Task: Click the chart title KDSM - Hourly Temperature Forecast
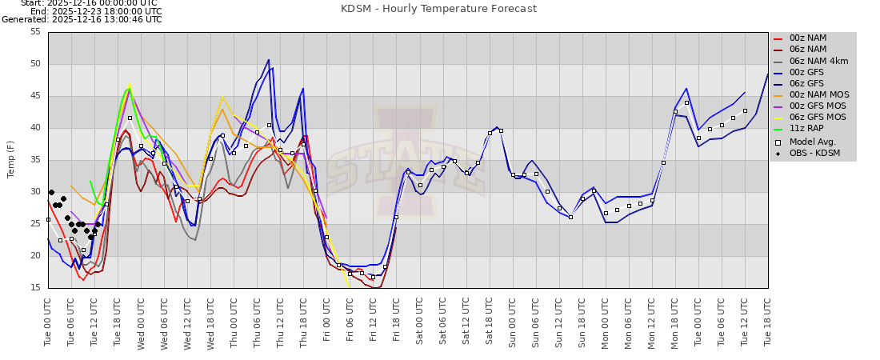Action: click(439, 9)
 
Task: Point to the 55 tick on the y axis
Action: click(35, 32)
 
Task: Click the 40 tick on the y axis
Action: click(35, 128)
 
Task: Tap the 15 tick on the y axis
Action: click(35, 288)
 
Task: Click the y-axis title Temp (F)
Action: click(11, 159)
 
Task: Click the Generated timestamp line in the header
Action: click(82, 19)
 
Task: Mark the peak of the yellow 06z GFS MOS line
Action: click(130, 84)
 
